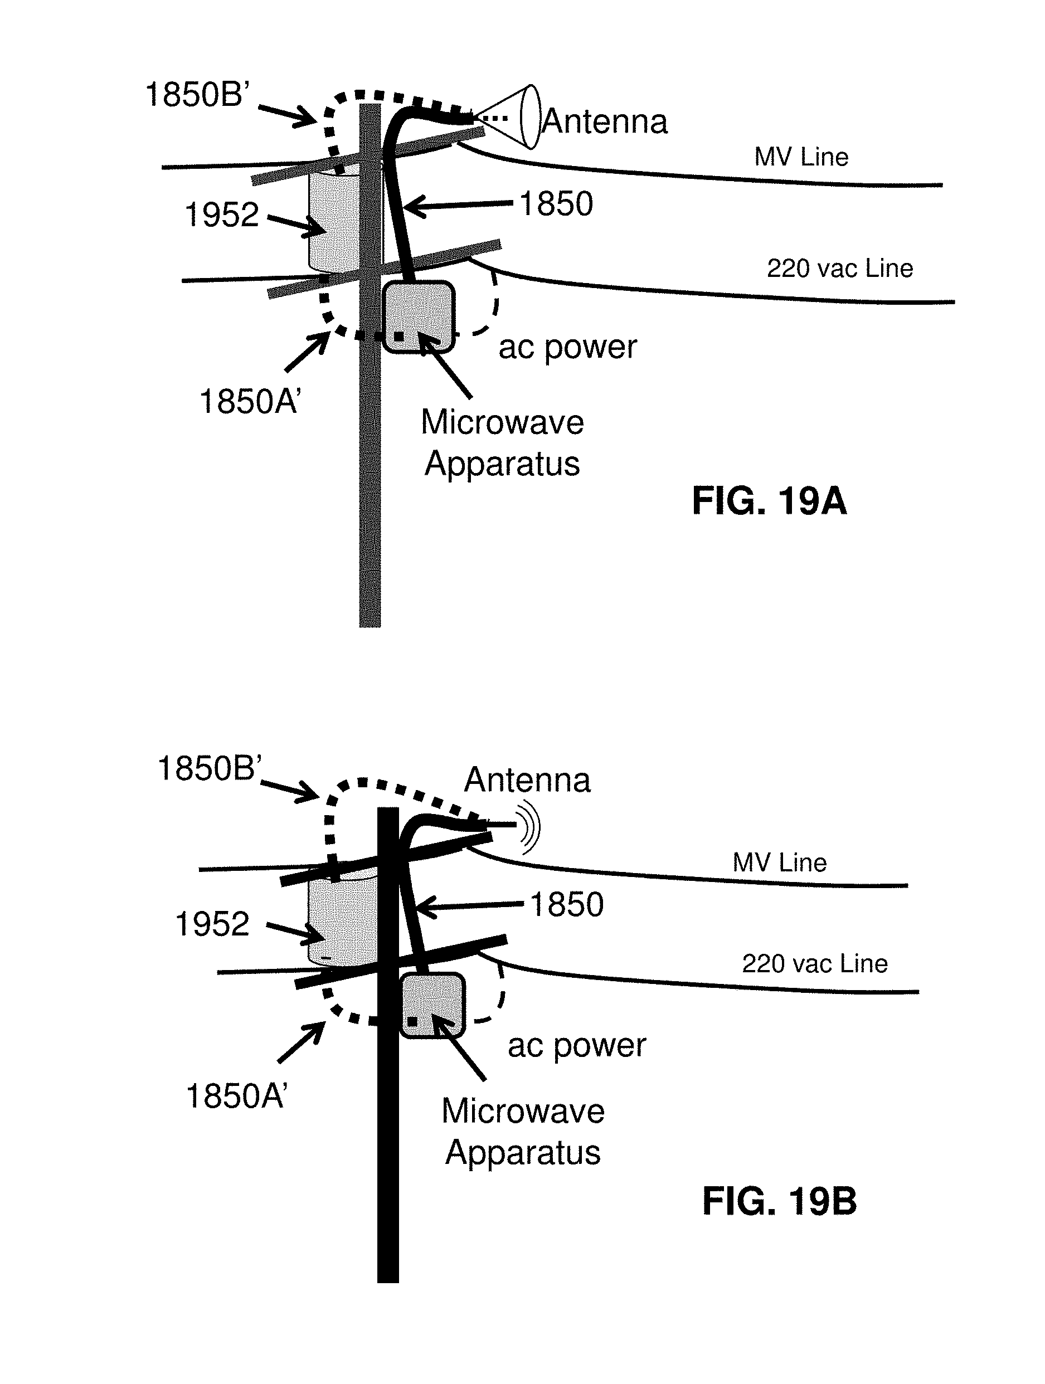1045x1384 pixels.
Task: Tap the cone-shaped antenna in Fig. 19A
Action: point(510,117)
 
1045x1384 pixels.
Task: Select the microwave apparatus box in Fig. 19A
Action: point(419,316)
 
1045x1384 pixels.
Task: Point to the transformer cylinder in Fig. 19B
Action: point(343,917)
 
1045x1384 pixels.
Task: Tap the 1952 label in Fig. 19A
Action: point(221,215)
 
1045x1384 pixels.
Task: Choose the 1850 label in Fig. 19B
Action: point(567,904)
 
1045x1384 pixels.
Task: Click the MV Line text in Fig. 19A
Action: point(801,157)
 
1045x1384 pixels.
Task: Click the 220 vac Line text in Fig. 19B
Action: point(815,963)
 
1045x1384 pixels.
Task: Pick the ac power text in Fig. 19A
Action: point(567,348)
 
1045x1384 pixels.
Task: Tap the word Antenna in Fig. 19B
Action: point(527,780)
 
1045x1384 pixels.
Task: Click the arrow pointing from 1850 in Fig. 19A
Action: point(459,204)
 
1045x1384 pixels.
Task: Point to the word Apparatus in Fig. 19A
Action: point(503,464)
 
